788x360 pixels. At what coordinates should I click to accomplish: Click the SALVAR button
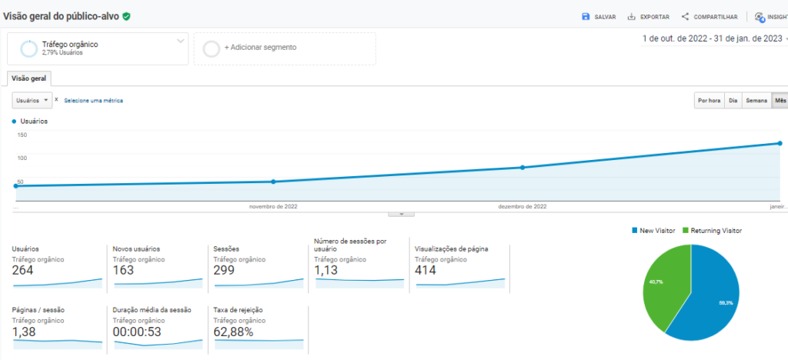coord(599,17)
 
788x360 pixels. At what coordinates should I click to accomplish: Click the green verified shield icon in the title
coord(126,16)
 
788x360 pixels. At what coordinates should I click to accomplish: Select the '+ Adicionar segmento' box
coord(285,48)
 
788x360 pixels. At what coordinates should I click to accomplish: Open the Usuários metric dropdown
coord(33,100)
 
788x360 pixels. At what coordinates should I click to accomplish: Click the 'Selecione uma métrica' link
coord(93,101)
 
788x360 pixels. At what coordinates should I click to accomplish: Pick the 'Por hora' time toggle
coord(709,101)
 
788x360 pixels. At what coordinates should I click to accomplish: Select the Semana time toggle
coord(756,101)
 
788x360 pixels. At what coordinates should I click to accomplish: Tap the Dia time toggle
coord(733,101)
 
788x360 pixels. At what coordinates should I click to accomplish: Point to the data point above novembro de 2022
coord(273,182)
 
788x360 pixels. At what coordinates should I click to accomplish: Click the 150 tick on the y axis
coord(22,135)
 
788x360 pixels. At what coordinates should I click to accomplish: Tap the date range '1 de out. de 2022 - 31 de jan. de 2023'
coord(712,38)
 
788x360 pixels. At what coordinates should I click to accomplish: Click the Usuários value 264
coord(23,270)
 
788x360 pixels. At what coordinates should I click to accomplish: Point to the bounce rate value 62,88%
coord(233,332)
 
